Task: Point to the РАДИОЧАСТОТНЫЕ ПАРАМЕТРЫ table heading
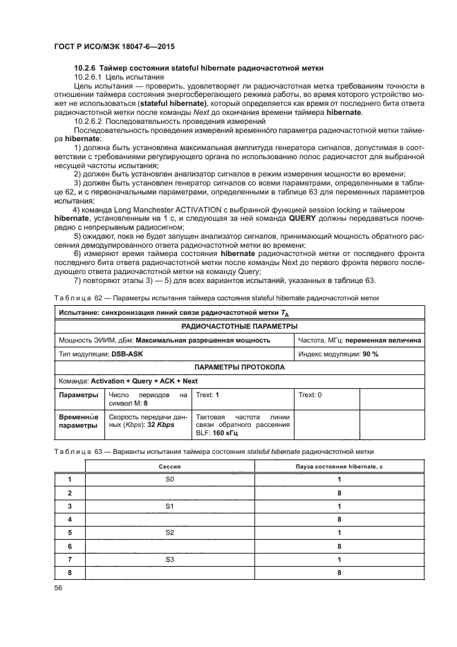239,327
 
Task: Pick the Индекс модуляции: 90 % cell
338,354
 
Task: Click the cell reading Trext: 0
310,394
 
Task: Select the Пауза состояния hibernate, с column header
339,467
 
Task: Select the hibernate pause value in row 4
339,519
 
